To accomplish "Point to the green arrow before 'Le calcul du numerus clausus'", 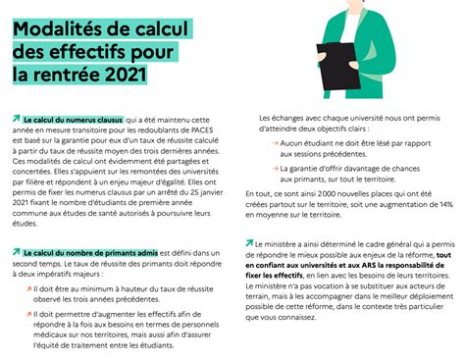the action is (17, 116).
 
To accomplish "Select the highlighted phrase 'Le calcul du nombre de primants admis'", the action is (89, 252).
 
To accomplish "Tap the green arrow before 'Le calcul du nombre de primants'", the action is (17, 251).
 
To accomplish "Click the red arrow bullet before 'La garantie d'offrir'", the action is (270, 170).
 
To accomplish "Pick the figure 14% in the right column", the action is (445, 203).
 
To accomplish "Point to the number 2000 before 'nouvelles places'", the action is (326, 192).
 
